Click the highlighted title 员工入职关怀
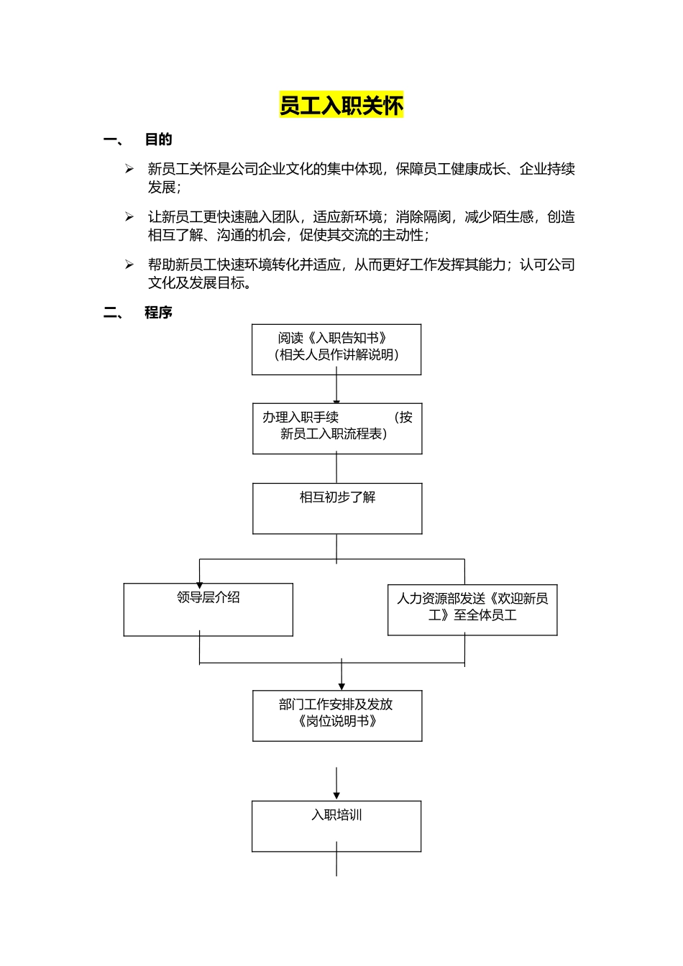[x=341, y=106]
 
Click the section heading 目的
[x=158, y=139]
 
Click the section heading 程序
[x=158, y=313]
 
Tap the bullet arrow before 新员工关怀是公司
[x=129, y=169]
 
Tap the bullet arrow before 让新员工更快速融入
[x=129, y=217]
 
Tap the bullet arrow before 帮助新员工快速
[x=129, y=264]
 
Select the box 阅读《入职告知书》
[x=336, y=349]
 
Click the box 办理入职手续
[x=336, y=429]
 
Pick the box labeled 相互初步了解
[x=336, y=509]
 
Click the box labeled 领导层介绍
[x=208, y=609]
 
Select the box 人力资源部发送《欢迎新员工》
[x=472, y=609]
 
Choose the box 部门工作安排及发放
[x=336, y=716]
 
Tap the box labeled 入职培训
[x=336, y=827]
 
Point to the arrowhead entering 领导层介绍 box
[x=199, y=585]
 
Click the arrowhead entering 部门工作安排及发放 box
[x=341, y=686]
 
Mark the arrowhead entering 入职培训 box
[x=336, y=796]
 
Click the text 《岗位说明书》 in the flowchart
[x=336, y=722]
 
